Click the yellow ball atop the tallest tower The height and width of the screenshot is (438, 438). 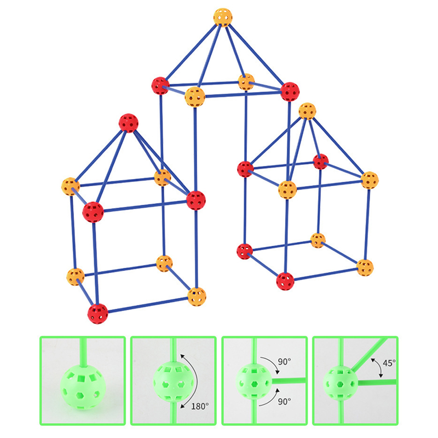point(223,18)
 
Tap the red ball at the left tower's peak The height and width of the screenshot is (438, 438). point(129,123)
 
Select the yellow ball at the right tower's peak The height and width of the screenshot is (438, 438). point(307,111)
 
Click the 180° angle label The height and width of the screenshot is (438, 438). point(200,406)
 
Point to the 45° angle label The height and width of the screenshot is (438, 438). point(389,363)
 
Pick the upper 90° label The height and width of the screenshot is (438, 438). point(284,362)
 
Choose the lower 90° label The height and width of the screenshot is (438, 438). point(284,401)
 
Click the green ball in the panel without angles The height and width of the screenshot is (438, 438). point(83,388)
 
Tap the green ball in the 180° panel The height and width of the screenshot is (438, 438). point(173,382)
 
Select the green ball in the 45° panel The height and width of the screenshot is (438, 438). point(340,383)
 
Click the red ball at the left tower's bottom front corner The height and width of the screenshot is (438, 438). point(97,314)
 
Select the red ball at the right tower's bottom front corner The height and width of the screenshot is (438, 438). point(285,281)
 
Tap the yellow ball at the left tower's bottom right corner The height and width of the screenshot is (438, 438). point(197,297)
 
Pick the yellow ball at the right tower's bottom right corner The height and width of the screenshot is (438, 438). point(365,268)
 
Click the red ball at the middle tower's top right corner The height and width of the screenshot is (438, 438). point(290,91)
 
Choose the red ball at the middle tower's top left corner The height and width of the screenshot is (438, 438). point(160,86)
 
